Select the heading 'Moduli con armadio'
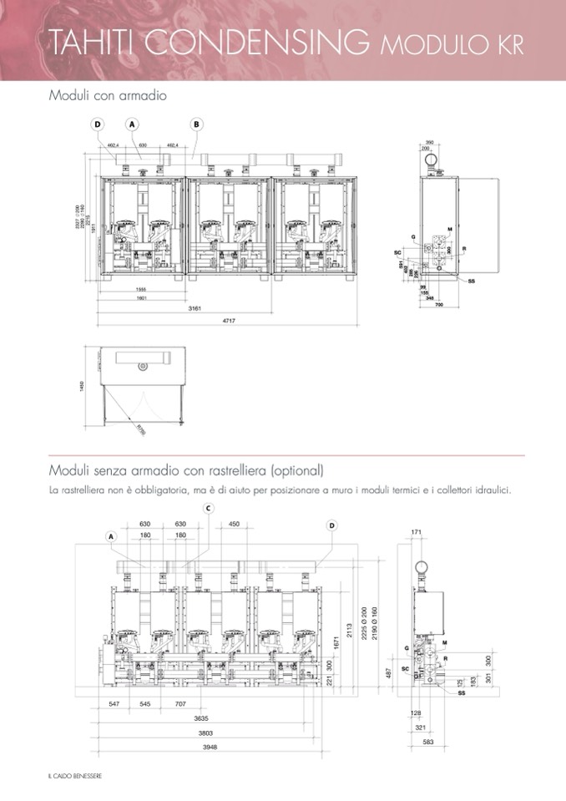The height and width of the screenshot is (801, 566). (x=108, y=96)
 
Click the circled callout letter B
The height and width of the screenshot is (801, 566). (x=197, y=124)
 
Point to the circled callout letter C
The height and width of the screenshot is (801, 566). (x=208, y=508)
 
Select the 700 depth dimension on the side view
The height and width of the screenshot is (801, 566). (x=439, y=305)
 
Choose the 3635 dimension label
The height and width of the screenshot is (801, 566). (x=200, y=717)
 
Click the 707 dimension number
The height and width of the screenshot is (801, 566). (x=180, y=704)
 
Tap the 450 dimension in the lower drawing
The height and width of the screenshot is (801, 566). (x=234, y=524)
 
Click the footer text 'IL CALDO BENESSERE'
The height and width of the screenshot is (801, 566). (x=74, y=778)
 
